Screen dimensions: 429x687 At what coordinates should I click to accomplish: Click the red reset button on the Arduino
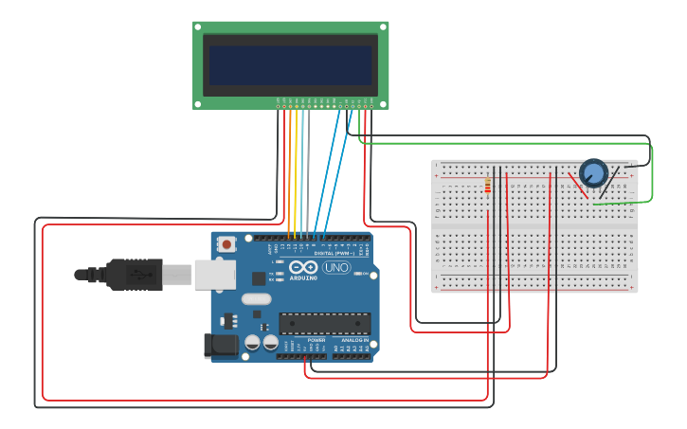point(226,243)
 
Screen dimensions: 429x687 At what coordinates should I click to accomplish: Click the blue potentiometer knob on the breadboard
point(593,172)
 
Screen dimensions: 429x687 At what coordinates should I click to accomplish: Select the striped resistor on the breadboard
point(487,185)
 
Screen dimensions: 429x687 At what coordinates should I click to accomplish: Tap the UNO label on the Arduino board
point(336,268)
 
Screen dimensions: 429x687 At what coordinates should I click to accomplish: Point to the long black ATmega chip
point(323,323)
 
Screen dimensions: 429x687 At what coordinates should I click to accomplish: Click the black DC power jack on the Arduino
point(220,346)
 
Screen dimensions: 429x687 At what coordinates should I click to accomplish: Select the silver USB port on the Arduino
point(214,275)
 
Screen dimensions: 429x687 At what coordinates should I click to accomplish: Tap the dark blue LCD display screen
point(290,65)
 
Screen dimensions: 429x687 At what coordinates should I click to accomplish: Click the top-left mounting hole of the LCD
point(198,27)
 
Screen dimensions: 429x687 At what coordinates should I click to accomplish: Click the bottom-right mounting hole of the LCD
point(383,103)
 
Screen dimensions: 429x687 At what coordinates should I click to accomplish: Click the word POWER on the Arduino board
point(316,340)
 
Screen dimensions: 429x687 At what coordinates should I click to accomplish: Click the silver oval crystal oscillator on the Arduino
point(255,299)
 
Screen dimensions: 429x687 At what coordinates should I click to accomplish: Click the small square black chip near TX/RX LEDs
point(259,278)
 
